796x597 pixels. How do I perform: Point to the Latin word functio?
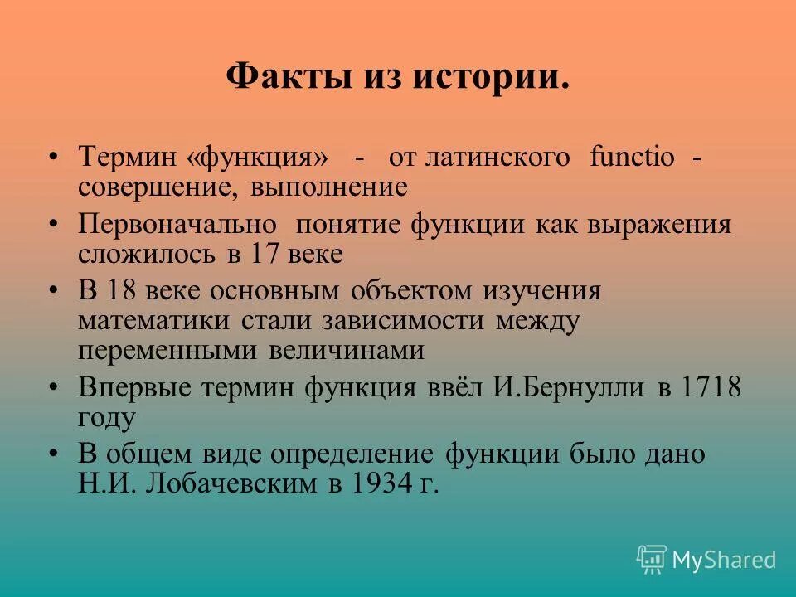(632, 157)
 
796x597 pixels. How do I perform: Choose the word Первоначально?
(177, 225)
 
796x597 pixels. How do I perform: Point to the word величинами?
(346, 351)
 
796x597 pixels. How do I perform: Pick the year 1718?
(711, 387)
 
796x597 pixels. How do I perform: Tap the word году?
(106, 417)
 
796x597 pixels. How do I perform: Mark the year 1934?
(381, 484)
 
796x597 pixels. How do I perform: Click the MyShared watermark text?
(724, 561)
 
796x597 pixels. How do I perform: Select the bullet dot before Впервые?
(54, 388)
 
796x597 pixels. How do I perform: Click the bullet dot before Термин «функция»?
(54, 158)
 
